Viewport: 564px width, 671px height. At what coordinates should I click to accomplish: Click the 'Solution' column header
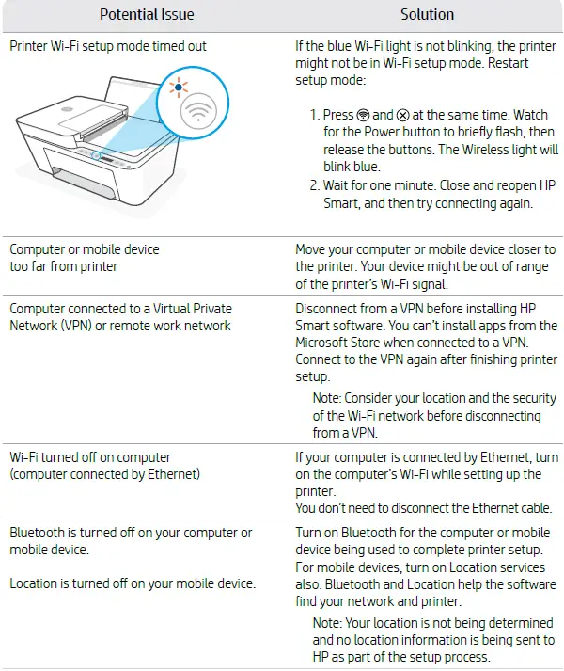[x=427, y=14]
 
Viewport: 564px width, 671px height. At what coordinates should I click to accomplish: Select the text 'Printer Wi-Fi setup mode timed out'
[x=108, y=45]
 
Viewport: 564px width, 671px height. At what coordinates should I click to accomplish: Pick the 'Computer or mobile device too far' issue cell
[x=85, y=258]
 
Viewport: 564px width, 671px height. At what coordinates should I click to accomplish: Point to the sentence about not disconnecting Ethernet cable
[x=423, y=508]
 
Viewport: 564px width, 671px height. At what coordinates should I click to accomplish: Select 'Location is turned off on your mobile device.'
[x=133, y=583]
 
